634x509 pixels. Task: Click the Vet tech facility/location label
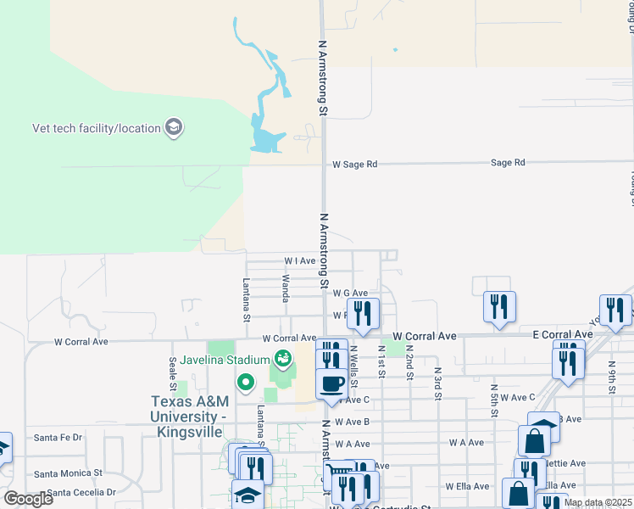(96, 129)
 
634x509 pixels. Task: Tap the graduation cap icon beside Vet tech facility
(174, 129)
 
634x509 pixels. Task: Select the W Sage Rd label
(354, 164)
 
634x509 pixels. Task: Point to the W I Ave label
(300, 261)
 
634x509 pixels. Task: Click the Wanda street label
(286, 287)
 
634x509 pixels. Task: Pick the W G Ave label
(350, 293)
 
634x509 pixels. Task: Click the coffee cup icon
(331, 383)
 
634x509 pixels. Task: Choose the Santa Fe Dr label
(58, 438)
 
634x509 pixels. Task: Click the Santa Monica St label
(68, 473)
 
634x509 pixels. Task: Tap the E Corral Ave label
(563, 335)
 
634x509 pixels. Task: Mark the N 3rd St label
(438, 378)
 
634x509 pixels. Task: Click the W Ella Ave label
(469, 486)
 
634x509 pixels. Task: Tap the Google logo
(28, 499)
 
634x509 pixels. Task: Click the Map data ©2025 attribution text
(598, 503)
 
